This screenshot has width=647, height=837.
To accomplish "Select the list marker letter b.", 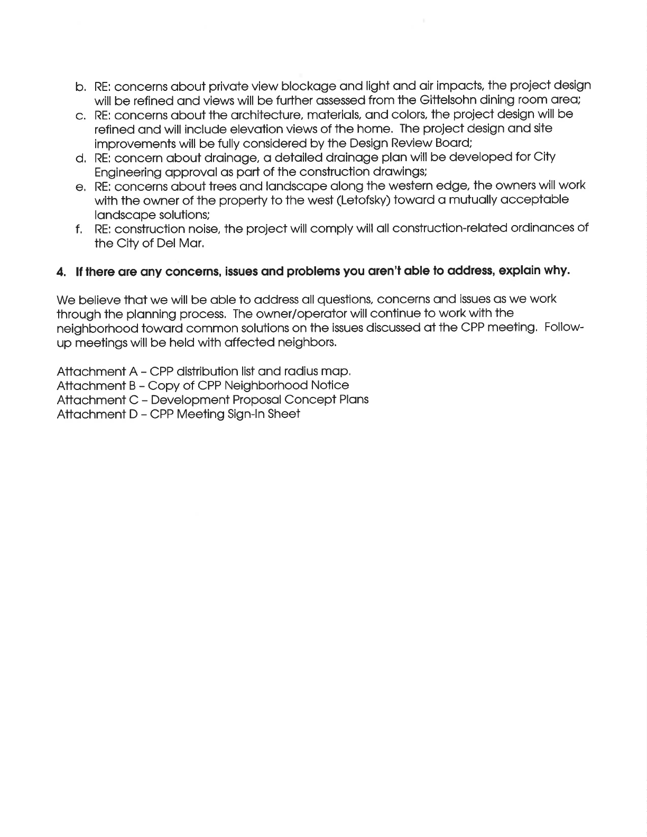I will [80, 86].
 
